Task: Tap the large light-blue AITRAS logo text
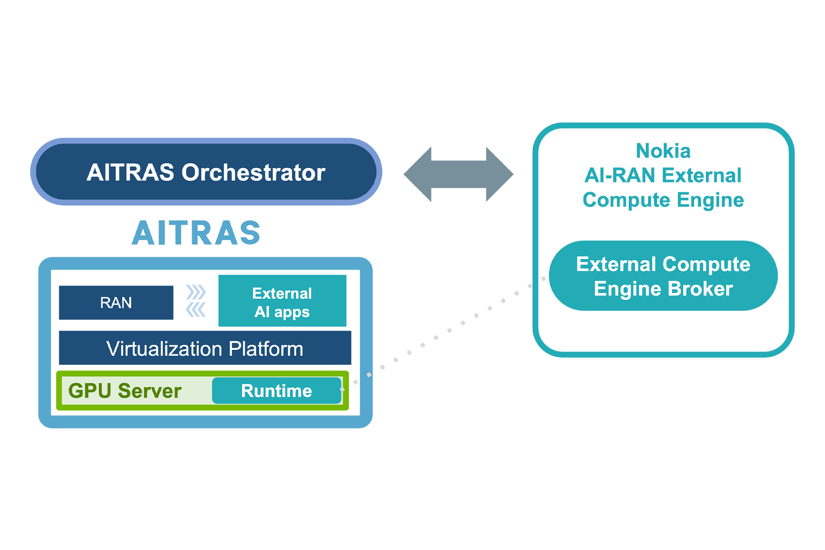[x=196, y=233]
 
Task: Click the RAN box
[x=116, y=302]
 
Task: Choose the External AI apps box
[x=282, y=301]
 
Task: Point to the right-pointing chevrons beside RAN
[x=196, y=292]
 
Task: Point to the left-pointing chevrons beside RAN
[x=196, y=310]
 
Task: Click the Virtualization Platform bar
[x=205, y=348]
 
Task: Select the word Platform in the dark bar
[x=266, y=349]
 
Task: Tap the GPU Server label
[x=125, y=391]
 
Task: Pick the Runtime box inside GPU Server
[x=277, y=391]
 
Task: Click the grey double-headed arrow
[x=458, y=174]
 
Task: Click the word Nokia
[x=663, y=151]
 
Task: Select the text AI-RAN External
[x=663, y=176]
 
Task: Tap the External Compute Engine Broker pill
[x=663, y=276]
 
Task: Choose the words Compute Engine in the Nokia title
[x=663, y=200]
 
